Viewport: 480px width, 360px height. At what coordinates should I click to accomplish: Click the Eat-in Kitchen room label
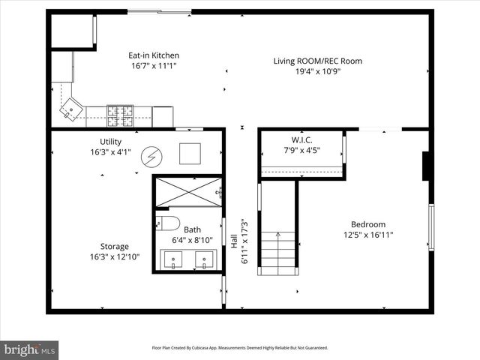pyautogui.click(x=154, y=55)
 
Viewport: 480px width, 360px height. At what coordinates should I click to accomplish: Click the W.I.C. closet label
pyautogui.click(x=302, y=139)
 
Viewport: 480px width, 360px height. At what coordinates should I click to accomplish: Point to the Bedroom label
pyautogui.click(x=368, y=224)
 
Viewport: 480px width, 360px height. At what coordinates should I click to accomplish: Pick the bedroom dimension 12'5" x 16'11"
pyautogui.click(x=368, y=235)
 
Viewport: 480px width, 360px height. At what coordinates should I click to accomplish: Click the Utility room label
pyautogui.click(x=110, y=142)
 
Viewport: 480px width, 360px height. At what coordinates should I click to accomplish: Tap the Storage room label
pyautogui.click(x=115, y=246)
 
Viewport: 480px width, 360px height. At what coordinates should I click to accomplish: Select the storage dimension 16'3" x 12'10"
pyautogui.click(x=115, y=256)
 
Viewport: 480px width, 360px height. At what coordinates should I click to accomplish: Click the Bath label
pyautogui.click(x=193, y=229)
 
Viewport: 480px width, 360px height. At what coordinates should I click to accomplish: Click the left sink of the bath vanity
pyautogui.click(x=174, y=259)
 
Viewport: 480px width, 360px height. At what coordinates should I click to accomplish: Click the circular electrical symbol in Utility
pyautogui.click(x=152, y=155)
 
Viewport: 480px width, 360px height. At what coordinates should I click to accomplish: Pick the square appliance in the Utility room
pyautogui.click(x=190, y=153)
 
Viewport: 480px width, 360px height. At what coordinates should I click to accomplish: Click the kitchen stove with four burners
pyautogui.click(x=120, y=115)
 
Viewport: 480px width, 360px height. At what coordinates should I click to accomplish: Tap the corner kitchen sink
pyautogui.click(x=71, y=109)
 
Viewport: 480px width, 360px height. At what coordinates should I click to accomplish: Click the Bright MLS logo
pyautogui.click(x=30, y=349)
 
